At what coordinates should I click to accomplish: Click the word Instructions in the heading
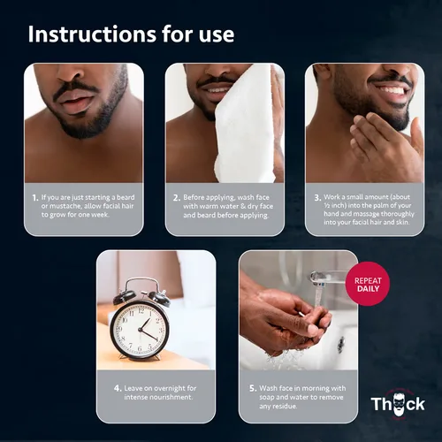(92, 34)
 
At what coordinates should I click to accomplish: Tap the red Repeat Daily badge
(368, 284)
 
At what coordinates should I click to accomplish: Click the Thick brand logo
(398, 404)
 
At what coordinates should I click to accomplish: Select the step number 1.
(35, 198)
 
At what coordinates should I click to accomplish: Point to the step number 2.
(177, 198)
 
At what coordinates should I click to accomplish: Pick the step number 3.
(317, 198)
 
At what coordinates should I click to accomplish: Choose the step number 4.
(118, 389)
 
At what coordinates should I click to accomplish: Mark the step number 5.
(253, 389)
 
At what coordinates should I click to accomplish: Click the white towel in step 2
(246, 124)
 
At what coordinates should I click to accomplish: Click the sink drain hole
(341, 341)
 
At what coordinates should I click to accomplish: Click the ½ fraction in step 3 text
(327, 206)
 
